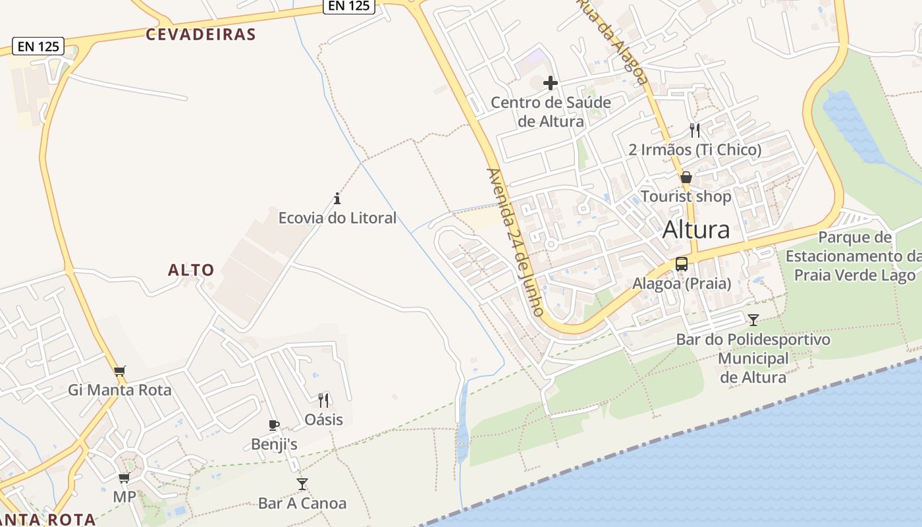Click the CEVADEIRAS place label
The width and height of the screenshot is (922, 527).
click(201, 34)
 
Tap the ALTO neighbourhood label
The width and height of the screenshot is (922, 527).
click(191, 269)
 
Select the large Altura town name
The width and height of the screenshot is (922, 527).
click(696, 229)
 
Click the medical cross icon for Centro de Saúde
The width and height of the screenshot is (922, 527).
click(551, 83)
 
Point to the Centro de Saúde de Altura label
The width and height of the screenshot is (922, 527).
click(551, 112)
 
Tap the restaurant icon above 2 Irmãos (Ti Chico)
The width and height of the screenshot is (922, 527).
click(695, 130)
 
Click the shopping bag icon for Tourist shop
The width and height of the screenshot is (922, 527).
click(686, 177)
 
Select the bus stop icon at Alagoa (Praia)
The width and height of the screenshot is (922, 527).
click(682, 264)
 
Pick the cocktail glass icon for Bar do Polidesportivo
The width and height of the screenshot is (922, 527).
click(753, 320)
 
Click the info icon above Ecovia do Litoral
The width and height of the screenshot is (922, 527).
click(337, 198)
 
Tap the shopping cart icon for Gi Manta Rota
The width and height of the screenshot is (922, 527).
click(119, 372)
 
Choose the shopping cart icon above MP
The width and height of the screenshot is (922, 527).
click(124, 478)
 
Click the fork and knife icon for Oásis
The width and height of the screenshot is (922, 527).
click(323, 400)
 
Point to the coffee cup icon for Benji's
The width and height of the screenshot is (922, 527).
click(274, 426)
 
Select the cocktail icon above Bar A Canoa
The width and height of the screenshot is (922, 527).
click(302, 484)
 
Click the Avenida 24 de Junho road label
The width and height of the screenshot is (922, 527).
click(514, 242)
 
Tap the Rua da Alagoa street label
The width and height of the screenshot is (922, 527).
click(612, 41)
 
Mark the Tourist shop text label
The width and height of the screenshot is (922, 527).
click(686, 196)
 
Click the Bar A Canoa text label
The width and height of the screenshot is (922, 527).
click(302, 503)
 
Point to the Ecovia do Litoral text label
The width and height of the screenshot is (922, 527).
click(337, 218)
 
